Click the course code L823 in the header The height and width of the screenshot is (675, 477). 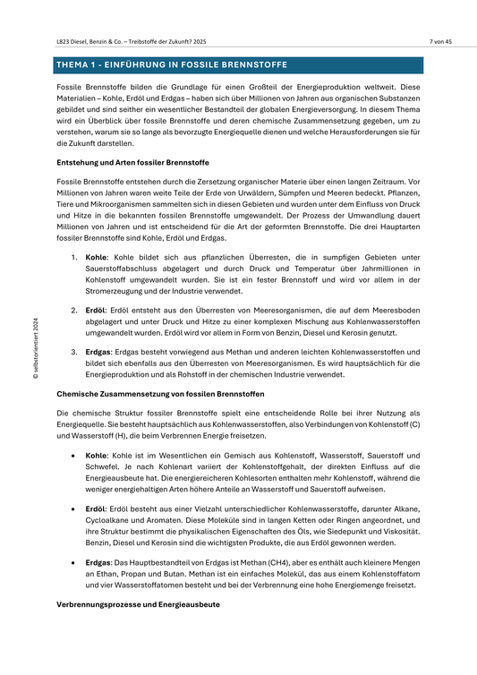click(x=64, y=41)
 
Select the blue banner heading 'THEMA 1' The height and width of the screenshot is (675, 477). click(x=170, y=65)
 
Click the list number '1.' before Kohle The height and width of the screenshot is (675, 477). click(x=74, y=256)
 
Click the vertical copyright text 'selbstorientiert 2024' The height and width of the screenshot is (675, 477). click(x=37, y=349)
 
